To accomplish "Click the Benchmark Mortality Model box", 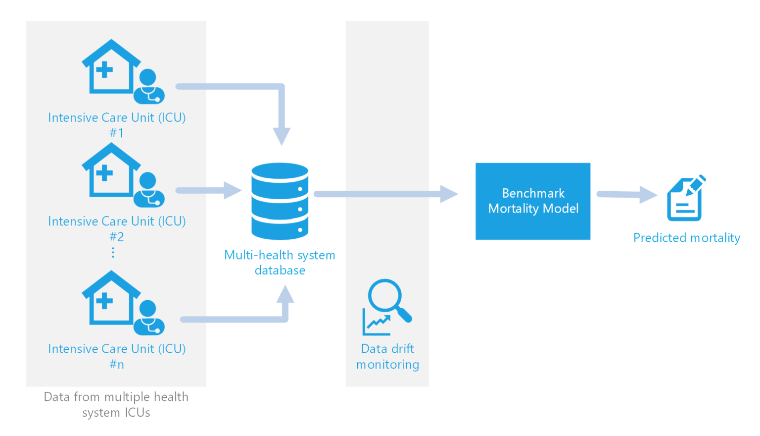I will (x=533, y=201).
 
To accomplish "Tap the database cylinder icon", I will (x=280, y=201).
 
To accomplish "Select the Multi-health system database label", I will (x=280, y=263).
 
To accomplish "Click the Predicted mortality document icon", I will (x=685, y=199).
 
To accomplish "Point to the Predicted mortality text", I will (x=686, y=238).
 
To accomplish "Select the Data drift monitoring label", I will (x=387, y=357).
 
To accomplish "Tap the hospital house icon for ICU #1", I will (x=110, y=67).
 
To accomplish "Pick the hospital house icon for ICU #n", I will (x=110, y=298).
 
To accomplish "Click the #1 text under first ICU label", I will (x=117, y=133).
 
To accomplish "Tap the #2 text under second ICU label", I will (x=117, y=237).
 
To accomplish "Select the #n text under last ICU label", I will (x=117, y=365).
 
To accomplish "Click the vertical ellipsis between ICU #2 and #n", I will (x=113, y=253).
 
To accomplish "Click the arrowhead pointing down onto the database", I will (x=282, y=136).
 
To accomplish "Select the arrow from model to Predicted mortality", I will (x=626, y=195).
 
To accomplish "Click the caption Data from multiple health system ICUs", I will (x=116, y=405).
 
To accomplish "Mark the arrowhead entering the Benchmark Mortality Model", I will (x=448, y=194).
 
